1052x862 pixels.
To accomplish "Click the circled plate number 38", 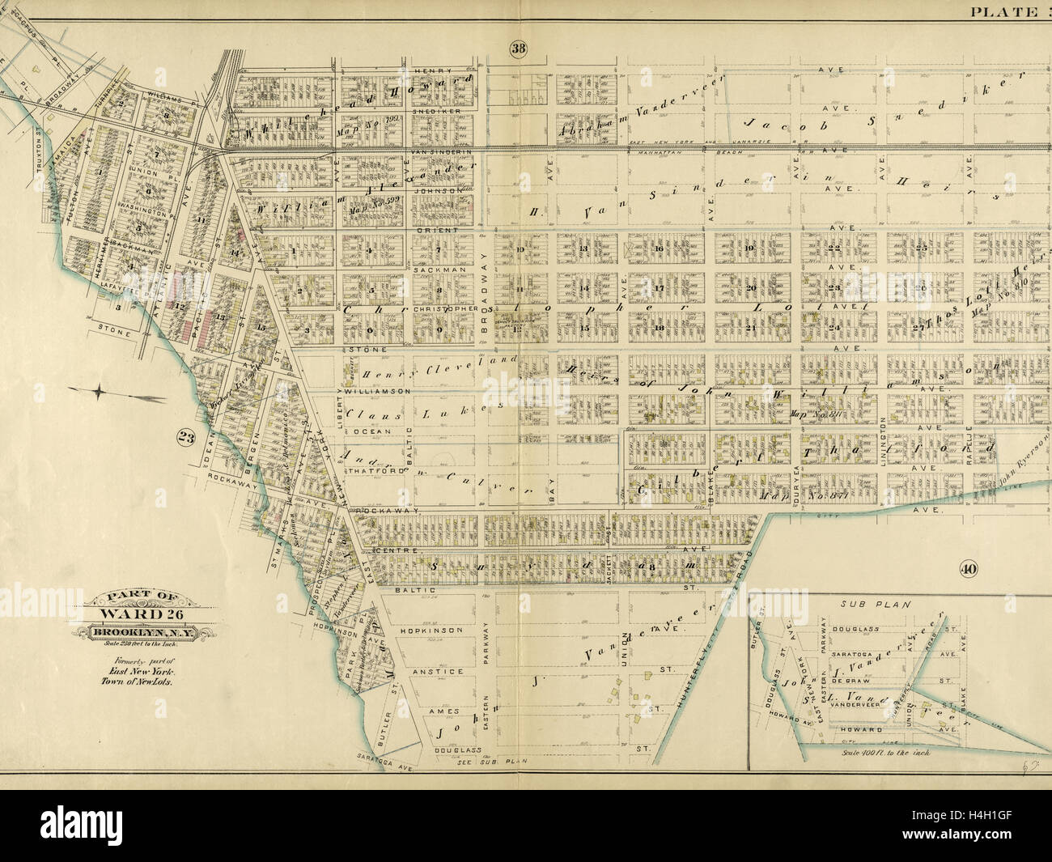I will [x=518, y=49].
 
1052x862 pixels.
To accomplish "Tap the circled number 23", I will [x=186, y=438].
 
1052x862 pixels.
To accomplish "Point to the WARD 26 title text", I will [x=142, y=612].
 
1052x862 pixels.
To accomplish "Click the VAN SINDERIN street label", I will [x=442, y=151].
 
